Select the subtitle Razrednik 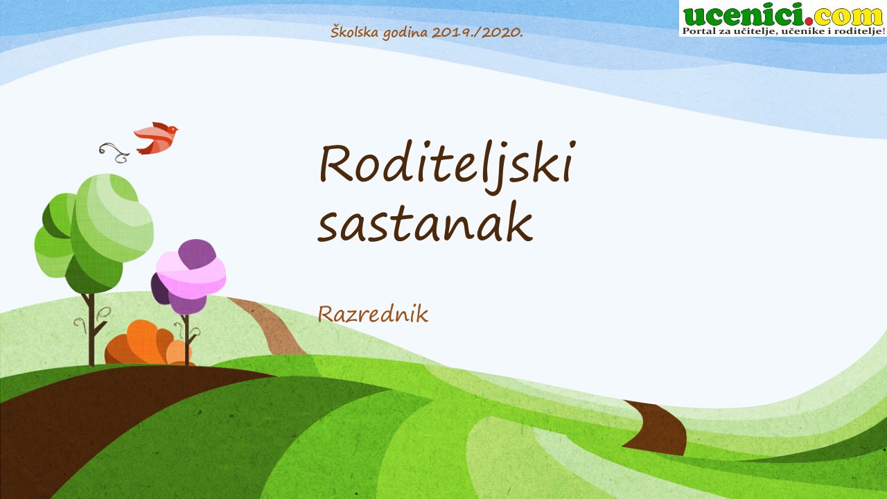point(373,314)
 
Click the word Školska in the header point(355,32)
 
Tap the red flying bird point(156,138)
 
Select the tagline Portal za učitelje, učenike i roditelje point(782,31)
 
